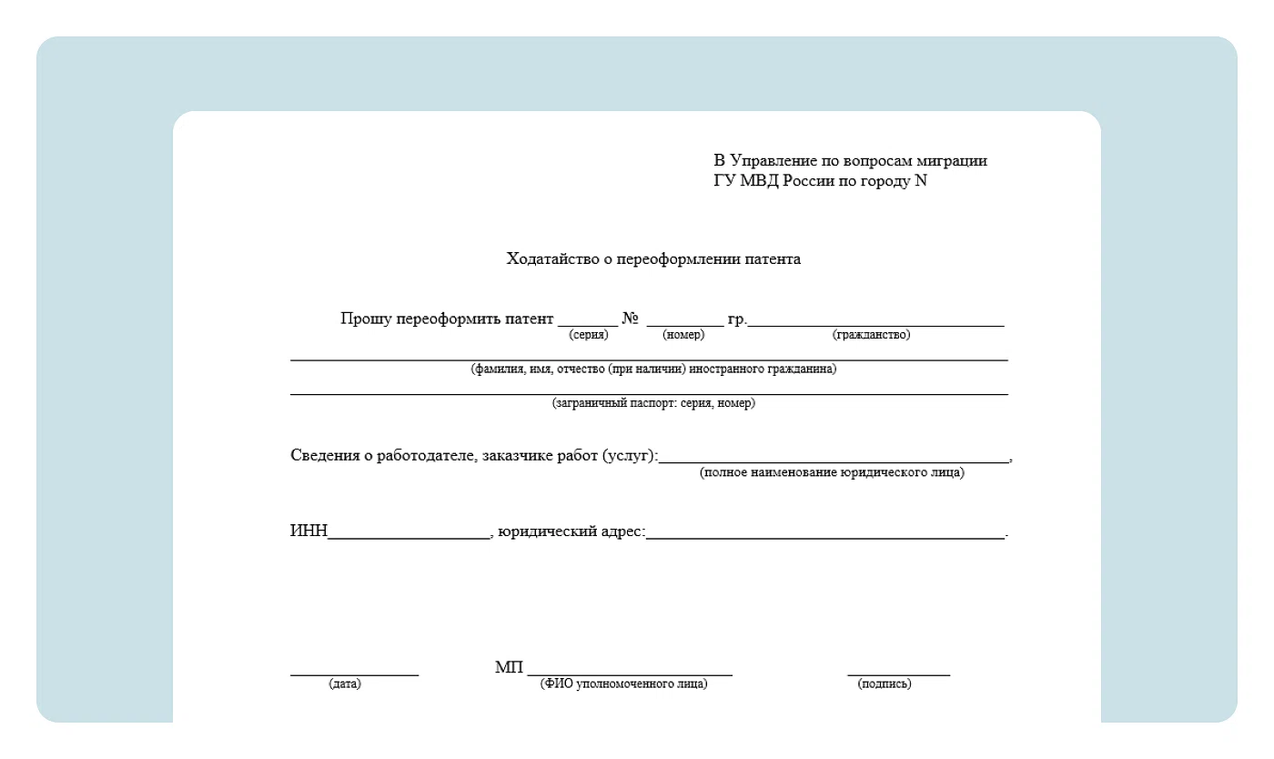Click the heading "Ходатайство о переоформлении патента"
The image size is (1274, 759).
click(653, 259)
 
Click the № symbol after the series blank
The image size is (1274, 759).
click(631, 319)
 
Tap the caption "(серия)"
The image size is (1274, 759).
click(588, 335)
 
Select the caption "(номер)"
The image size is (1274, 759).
click(683, 335)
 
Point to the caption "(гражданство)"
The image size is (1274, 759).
click(871, 335)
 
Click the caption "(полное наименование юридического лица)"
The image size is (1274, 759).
click(832, 473)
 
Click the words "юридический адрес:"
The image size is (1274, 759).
click(571, 531)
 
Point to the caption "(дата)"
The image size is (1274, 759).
click(345, 684)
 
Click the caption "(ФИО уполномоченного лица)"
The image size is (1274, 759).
click(623, 684)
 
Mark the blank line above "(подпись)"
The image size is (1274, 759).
click(898, 674)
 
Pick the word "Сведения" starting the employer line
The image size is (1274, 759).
click(322, 456)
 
